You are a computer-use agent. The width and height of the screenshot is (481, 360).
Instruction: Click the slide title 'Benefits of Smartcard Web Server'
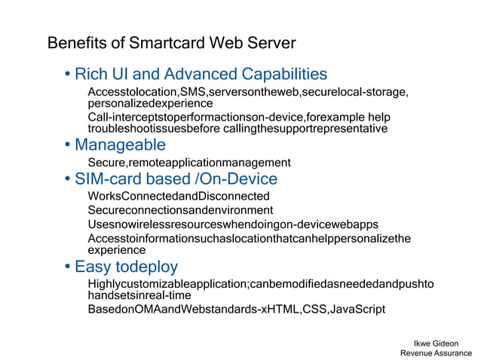172,42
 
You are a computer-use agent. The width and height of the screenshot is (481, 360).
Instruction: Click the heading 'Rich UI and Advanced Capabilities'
201,74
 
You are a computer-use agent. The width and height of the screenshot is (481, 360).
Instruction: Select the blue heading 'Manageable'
120,144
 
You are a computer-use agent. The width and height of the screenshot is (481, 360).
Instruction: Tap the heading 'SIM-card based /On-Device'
176,179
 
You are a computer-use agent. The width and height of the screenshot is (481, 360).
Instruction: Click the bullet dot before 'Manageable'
68,145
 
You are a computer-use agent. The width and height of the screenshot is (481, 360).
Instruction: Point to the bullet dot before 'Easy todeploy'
68,267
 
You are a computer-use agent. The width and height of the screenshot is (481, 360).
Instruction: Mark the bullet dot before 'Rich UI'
68,75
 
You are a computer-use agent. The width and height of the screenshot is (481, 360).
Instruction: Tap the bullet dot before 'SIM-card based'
68,180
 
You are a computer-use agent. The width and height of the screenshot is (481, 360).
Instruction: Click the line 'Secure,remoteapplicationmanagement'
188,163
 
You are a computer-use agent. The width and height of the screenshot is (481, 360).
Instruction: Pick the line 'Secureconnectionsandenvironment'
180,210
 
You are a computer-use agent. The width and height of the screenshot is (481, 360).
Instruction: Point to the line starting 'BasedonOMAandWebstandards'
236,310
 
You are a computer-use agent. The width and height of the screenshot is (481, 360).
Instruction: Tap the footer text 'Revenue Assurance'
436,353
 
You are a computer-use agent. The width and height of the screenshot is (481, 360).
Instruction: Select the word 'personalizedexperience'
150,102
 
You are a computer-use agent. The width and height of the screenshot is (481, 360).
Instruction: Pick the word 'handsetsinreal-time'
139,295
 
